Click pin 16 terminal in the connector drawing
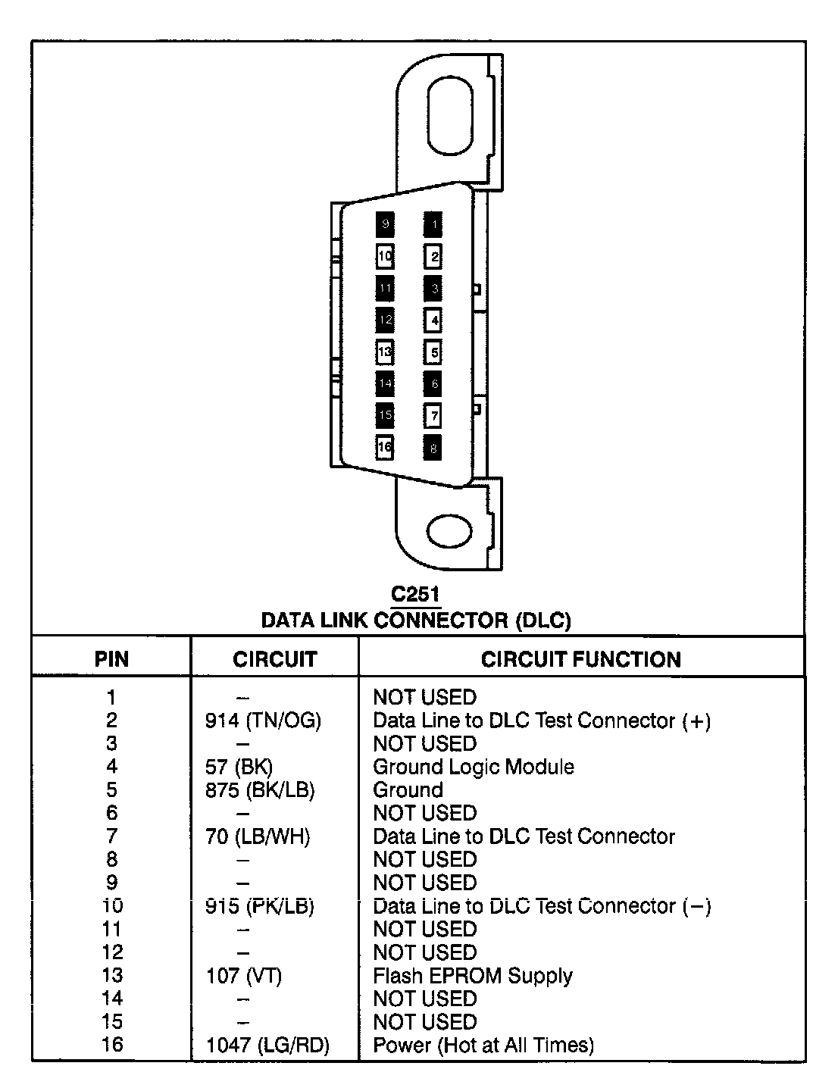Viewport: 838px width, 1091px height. point(385,447)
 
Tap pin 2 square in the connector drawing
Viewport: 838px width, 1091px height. point(433,257)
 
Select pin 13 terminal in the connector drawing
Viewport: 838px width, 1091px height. point(385,352)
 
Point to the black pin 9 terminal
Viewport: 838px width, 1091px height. point(385,224)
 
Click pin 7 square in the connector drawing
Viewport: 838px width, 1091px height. point(433,415)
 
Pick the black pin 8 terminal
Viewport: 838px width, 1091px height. point(433,448)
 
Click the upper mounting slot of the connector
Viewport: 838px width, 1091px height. point(451,120)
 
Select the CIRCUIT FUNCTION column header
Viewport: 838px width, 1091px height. point(580,659)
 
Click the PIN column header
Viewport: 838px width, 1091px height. point(111,659)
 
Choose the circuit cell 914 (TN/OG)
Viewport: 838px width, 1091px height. point(263,721)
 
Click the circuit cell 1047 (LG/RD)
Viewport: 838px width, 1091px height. point(267,1046)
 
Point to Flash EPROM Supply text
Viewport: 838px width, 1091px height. point(472,976)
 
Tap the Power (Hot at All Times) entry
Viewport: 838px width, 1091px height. point(483,1046)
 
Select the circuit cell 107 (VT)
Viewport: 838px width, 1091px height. point(243,976)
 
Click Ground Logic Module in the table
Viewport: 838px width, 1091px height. point(473,767)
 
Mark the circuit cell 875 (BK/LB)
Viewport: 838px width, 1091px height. point(260,790)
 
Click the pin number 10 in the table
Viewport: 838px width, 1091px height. point(111,906)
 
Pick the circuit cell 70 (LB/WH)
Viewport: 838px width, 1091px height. point(258,836)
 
